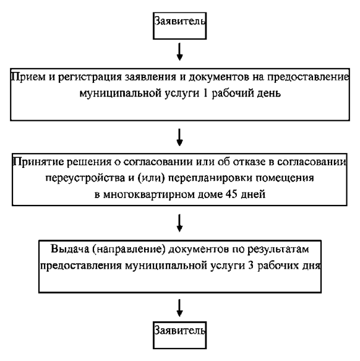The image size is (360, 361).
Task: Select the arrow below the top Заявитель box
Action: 179,51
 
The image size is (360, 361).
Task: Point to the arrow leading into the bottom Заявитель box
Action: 179,308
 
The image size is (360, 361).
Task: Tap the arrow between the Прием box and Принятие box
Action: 179,137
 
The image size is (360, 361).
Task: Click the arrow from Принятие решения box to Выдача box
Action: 179,223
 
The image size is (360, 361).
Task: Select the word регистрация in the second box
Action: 90,77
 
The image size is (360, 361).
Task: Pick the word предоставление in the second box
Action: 308,77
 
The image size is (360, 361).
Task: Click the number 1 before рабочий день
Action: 205,94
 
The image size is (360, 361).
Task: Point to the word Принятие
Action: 38,162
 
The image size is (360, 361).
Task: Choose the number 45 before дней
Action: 232,194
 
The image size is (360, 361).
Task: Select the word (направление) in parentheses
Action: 129,250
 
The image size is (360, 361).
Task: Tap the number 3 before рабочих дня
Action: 251,266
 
